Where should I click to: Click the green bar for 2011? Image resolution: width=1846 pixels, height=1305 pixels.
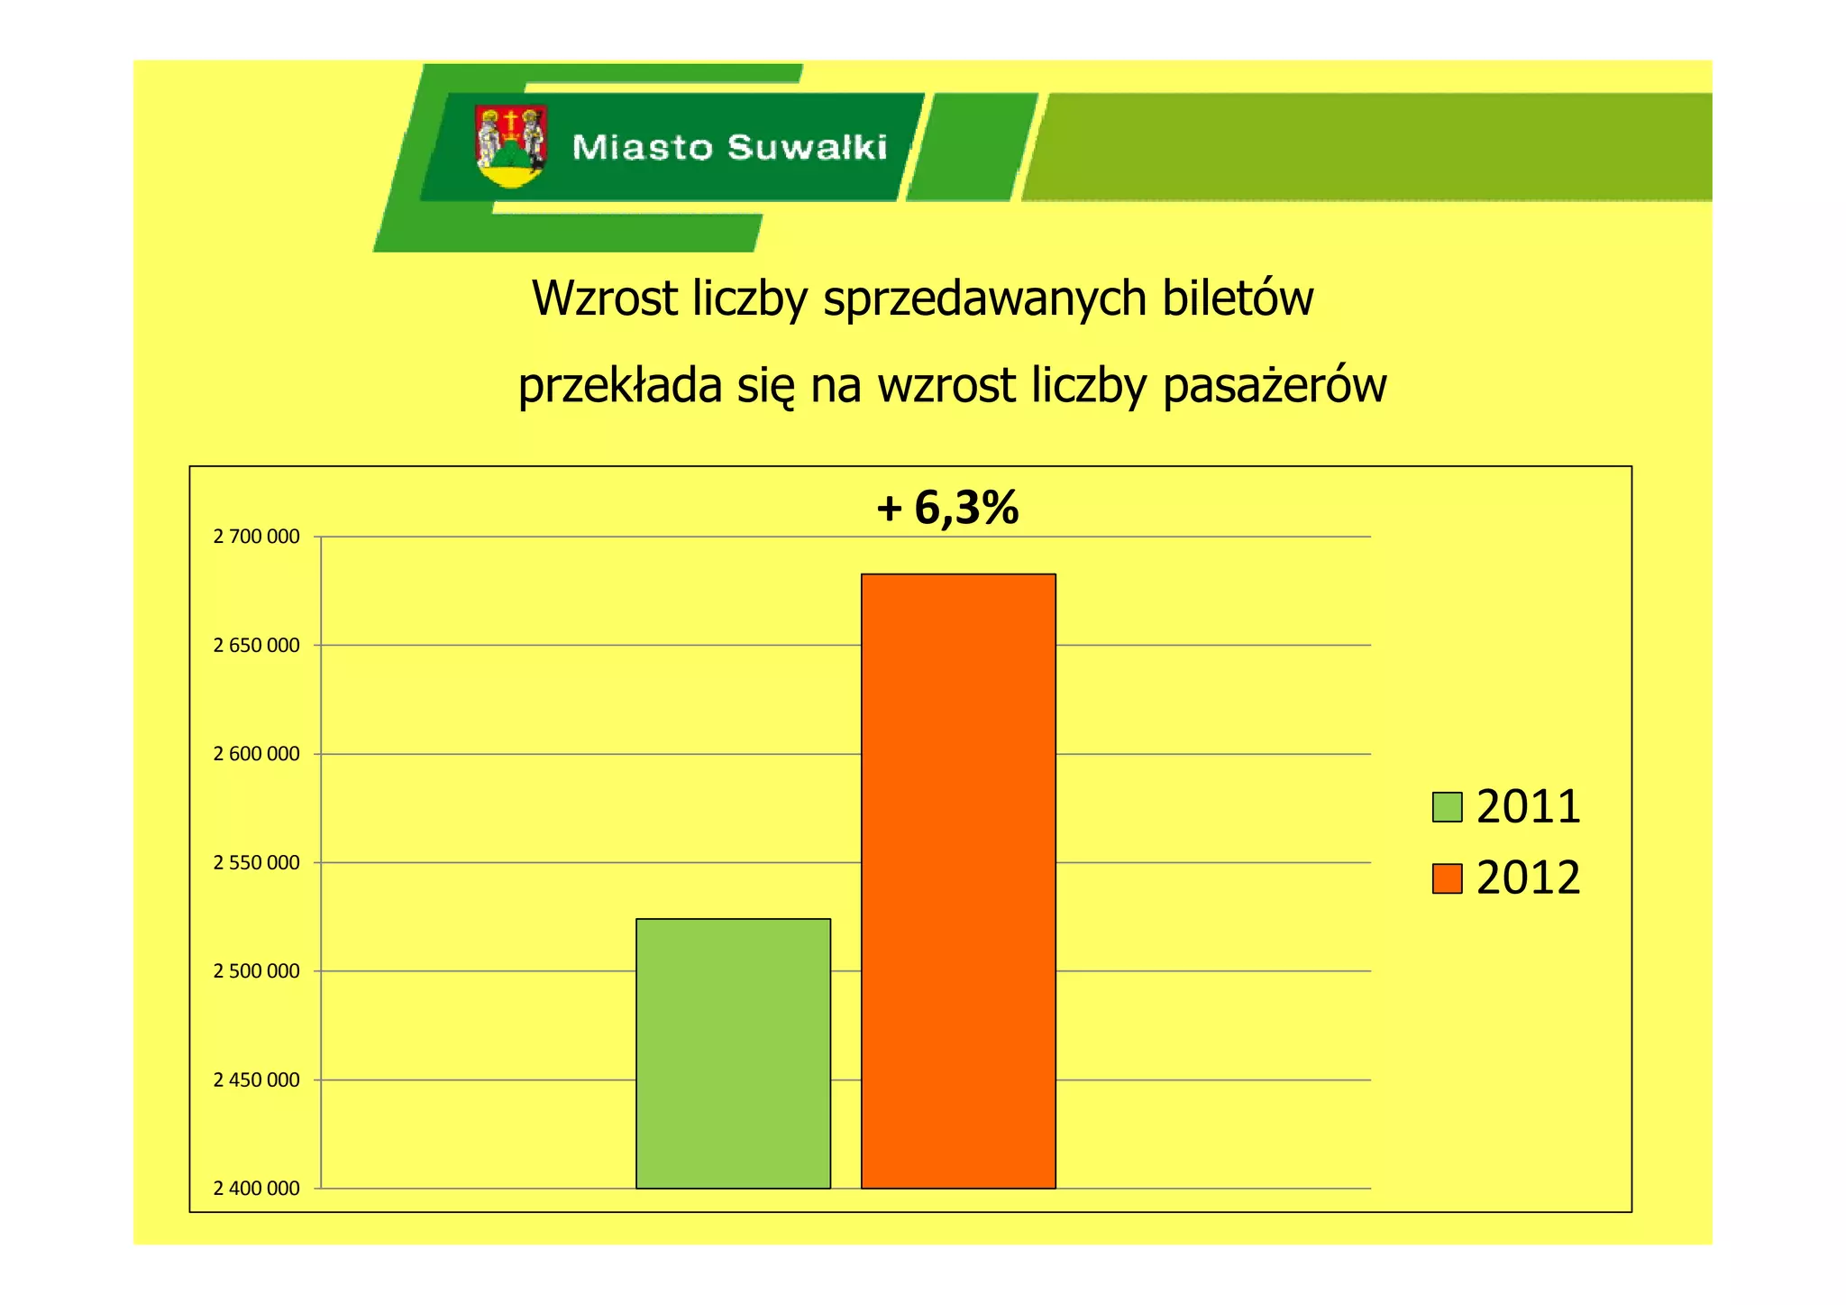tap(733, 1052)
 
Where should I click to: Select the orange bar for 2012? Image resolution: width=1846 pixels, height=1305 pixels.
tap(958, 880)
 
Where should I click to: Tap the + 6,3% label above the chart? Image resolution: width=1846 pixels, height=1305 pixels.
tap(947, 508)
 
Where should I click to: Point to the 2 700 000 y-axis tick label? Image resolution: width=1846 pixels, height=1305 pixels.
tap(256, 537)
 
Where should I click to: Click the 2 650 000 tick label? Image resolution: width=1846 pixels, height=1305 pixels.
tap(256, 645)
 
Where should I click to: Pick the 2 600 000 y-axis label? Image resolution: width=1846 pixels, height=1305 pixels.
tap(256, 754)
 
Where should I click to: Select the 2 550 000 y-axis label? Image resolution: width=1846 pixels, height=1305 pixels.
tap(256, 862)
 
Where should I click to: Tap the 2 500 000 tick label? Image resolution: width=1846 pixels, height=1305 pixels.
tap(256, 971)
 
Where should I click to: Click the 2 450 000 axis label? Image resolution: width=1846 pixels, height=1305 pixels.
tap(256, 1080)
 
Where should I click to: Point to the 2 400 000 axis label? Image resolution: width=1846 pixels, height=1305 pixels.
tap(256, 1189)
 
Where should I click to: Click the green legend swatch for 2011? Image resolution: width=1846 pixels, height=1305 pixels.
tap(1447, 806)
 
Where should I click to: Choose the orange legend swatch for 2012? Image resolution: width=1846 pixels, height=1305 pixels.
tap(1447, 878)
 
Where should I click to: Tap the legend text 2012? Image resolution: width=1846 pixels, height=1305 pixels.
tap(1528, 878)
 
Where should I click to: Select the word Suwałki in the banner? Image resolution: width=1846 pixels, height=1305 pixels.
tap(807, 147)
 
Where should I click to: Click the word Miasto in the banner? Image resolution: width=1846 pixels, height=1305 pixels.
tap(642, 147)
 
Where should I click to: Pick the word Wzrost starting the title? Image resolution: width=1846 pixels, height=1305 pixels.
tap(604, 299)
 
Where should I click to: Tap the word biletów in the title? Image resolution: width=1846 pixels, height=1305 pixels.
tap(1238, 299)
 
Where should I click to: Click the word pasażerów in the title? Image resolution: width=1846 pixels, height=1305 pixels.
tap(1275, 387)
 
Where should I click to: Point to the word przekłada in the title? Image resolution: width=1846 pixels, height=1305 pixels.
tap(620, 387)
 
